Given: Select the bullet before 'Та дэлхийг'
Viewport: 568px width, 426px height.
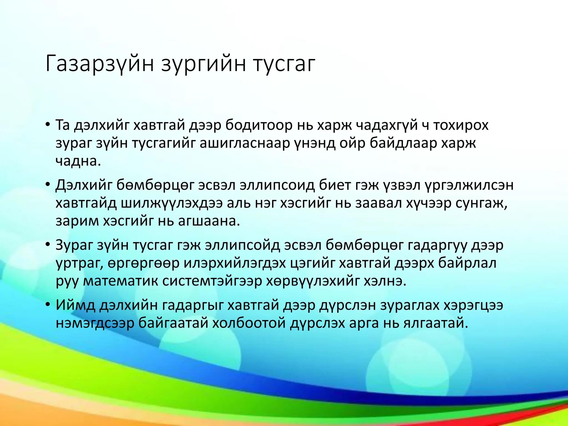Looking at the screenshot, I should click(48, 124).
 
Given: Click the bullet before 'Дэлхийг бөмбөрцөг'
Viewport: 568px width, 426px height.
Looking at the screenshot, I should click(48, 184).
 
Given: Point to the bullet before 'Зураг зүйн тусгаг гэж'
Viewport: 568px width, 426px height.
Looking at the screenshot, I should click(48, 244).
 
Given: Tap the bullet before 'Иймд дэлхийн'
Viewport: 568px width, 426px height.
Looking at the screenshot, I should click(48, 305).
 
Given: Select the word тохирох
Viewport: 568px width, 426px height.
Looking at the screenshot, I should click(461, 125).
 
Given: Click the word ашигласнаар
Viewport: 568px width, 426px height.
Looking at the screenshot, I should click(245, 143).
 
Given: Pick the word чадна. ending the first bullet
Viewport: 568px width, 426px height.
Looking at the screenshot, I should click(78, 161).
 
